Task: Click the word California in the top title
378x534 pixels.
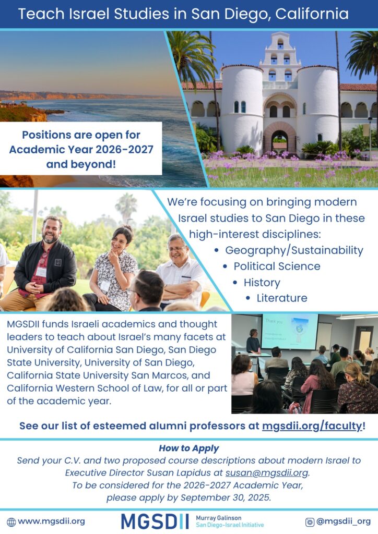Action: [312, 14]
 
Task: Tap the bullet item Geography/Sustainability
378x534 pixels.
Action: [294, 250]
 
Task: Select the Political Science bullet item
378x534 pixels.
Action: [277, 266]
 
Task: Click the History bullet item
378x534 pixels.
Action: [262, 283]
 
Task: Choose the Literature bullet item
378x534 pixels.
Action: [282, 298]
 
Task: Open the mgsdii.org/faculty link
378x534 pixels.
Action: [312, 426]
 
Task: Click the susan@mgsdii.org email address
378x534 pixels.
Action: [267, 472]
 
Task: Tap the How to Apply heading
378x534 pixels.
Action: [189, 448]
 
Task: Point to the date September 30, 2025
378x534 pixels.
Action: [226, 497]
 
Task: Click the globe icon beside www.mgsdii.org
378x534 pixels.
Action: [11, 521]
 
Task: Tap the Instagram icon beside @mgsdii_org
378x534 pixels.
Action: [310, 521]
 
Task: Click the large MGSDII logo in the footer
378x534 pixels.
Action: [155, 521]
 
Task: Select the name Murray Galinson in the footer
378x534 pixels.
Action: [218, 518]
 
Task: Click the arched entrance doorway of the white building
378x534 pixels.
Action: [279, 142]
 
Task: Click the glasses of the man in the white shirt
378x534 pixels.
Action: [176, 249]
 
